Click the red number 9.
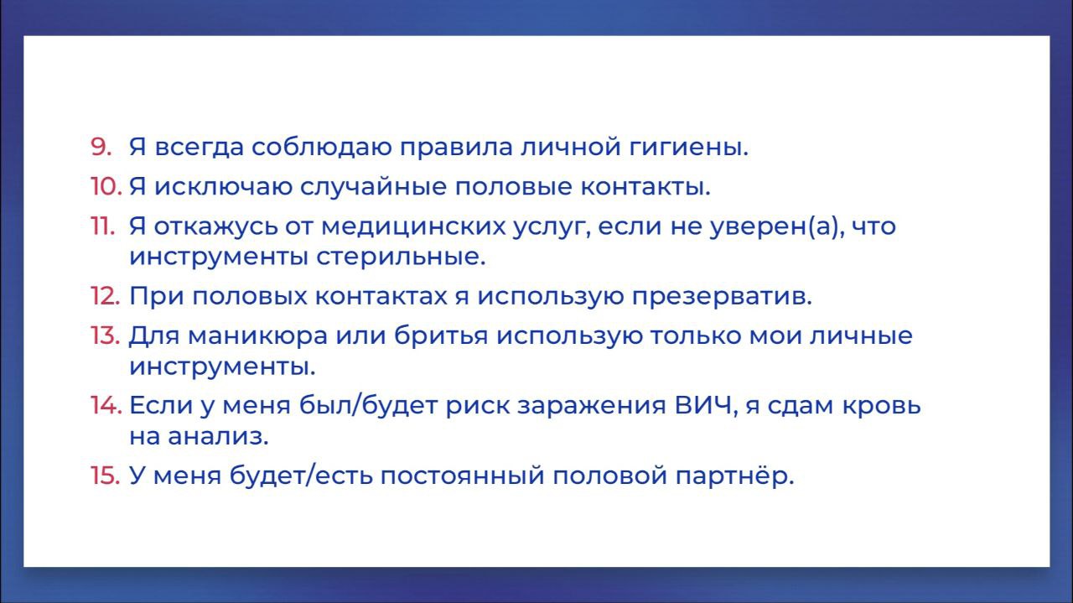coord(101,147)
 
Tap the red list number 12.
coord(105,296)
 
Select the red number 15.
coord(105,476)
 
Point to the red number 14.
coord(106,405)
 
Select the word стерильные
coord(401,257)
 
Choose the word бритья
coord(441,335)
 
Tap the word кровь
coord(881,406)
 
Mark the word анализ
coord(218,437)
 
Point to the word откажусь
coord(215,227)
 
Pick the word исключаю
coord(223,186)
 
